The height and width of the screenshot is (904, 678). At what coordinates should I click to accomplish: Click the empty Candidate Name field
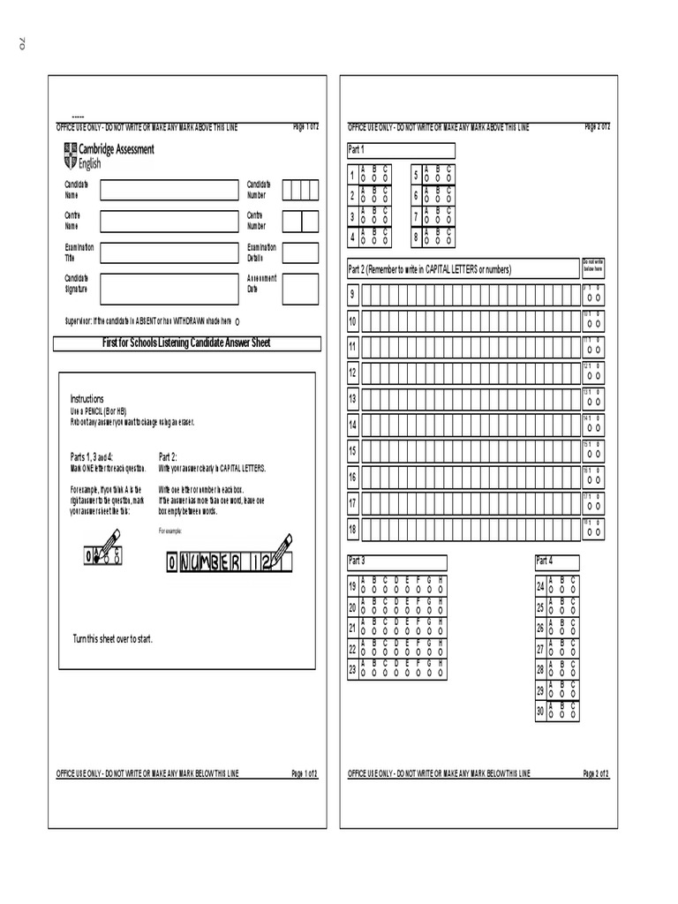[x=169, y=190]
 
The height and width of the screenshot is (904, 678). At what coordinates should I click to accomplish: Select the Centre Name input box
[x=169, y=221]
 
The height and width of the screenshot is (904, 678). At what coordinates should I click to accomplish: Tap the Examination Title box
[x=169, y=252]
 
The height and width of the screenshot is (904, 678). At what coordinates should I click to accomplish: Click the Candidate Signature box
[x=169, y=287]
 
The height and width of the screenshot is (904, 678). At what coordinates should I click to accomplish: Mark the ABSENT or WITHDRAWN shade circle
[x=238, y=321]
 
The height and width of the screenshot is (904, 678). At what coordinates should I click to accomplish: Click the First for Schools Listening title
[x=188, y=343]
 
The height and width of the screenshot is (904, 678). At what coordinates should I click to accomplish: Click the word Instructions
[x=87, y=399]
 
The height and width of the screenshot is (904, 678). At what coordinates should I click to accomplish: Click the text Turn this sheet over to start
[x=112, y=638]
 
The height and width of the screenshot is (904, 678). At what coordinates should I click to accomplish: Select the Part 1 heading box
[x=401, y=150]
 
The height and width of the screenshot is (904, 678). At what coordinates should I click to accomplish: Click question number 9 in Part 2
[x=353, y=295]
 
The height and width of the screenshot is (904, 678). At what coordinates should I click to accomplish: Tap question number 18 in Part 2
[x=353, y=530]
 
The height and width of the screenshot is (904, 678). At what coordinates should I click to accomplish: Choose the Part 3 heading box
[x=396, y=562]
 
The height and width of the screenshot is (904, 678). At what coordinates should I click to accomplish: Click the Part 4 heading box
[x=557, y=562]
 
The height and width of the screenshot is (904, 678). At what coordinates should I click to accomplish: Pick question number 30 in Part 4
[x=540, y=711]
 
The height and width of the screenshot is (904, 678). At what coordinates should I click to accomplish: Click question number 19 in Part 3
[x=352, y=586]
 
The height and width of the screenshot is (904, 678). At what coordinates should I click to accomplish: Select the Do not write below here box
[x=592, y=267]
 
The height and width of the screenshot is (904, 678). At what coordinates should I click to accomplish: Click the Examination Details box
[x=300, y=252]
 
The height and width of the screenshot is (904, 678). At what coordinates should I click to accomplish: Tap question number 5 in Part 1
[x=416, y=175]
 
